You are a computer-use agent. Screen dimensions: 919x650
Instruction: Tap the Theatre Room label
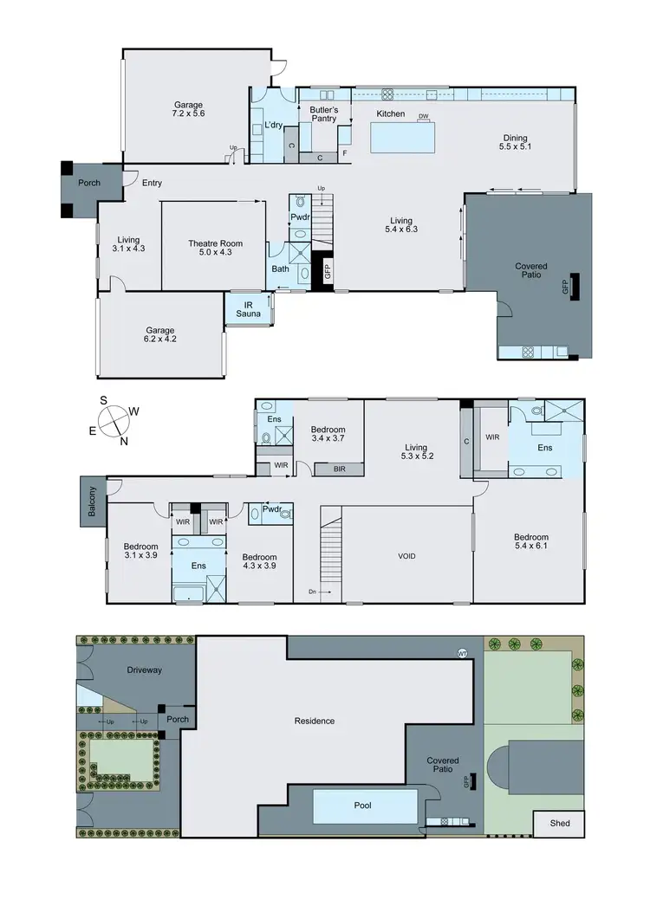coord(216,249)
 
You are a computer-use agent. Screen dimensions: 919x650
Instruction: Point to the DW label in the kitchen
coord(424,116)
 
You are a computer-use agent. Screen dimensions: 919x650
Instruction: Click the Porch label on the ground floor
coord(89,183)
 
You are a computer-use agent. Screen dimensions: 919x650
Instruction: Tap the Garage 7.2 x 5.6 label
coord(188,109)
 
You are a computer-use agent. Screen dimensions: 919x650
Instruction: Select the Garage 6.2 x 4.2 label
coord(160,335)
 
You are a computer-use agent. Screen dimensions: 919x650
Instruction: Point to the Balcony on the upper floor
coord(93,502)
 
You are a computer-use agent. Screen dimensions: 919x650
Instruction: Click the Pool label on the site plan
coord(363,806)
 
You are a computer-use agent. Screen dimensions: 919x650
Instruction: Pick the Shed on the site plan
coord(560,823)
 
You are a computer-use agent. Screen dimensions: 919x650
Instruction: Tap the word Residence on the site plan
coord(314,721)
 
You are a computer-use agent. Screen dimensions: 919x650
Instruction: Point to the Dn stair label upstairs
coord(313,592)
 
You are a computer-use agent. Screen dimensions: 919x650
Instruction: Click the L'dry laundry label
coord(274,126)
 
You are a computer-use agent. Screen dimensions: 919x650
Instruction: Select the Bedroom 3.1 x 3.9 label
coord(140,552)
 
